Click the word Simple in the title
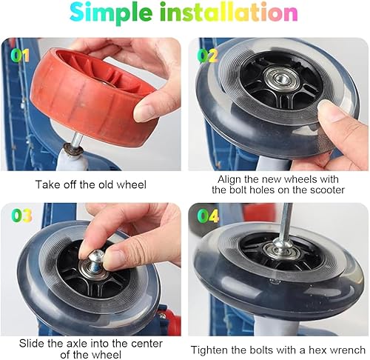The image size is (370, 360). (110, 13)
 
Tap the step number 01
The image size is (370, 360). (20, 56)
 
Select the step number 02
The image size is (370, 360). (208, 56)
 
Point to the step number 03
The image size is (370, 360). (21, 216)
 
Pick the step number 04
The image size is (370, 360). (208, 216)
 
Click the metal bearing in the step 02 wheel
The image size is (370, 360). (280, 79)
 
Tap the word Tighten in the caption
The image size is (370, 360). (209, 350)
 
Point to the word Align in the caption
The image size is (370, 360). (229, 179)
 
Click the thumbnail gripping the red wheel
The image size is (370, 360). (146, 113)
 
